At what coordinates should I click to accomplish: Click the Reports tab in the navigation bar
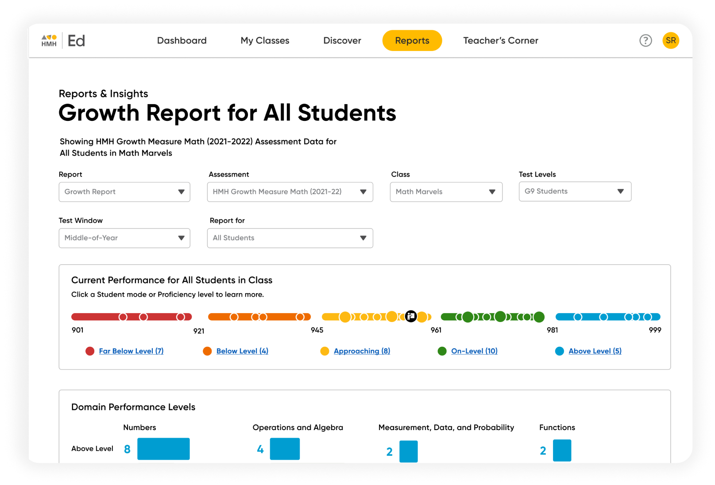tap(412, 41)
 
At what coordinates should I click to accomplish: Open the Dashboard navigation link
tap(182, 41)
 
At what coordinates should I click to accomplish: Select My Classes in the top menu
tap(265, 41)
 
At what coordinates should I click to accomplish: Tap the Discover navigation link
tap(342, 41)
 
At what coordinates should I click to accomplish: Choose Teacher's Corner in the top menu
tap(500, 41)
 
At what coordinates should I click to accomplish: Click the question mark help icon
tap(645, 41)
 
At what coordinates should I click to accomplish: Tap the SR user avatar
tap(671, 41)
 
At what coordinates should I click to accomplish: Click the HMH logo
tap(49, 41)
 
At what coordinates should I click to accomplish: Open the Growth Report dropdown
tap(124, 192)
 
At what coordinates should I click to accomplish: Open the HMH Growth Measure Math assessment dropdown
tap(290, 192)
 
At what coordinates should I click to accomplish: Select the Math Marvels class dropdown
tap(446, 192)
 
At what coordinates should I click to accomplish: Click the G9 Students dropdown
tap(575, 191)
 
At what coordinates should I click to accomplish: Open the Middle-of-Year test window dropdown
tap(124, 238)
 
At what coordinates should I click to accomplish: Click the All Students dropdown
tap(290, 238)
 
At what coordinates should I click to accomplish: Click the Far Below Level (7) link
tap(131, 351)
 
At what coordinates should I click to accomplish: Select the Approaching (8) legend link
tap(362, 351)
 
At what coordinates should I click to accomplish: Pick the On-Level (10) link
tap(474, 351)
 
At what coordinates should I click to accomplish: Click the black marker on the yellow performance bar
tap(411, 316)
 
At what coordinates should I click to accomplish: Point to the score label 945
tap(317, 330)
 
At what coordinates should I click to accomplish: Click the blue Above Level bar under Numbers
tap(163, 449)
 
